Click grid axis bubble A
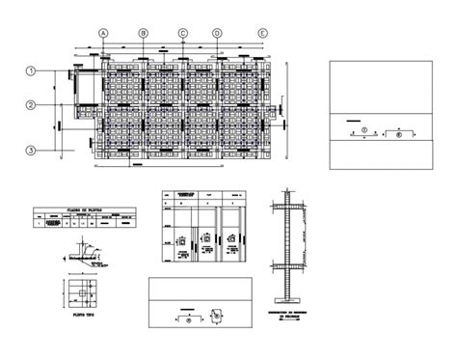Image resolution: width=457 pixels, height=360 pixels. coord(102,34)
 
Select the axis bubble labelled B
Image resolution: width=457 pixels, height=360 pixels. coord(143,34)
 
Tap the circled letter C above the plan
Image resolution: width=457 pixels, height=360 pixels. coord(181,34)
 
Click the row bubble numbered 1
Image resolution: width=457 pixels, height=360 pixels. coord(32,70)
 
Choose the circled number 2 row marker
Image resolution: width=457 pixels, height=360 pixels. coord(32,105)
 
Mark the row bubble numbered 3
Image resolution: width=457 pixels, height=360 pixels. coord(32,151)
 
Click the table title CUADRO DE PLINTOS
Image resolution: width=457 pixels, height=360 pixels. coord(76,209)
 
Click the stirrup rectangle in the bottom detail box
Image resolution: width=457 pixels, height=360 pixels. coord(220,315)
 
